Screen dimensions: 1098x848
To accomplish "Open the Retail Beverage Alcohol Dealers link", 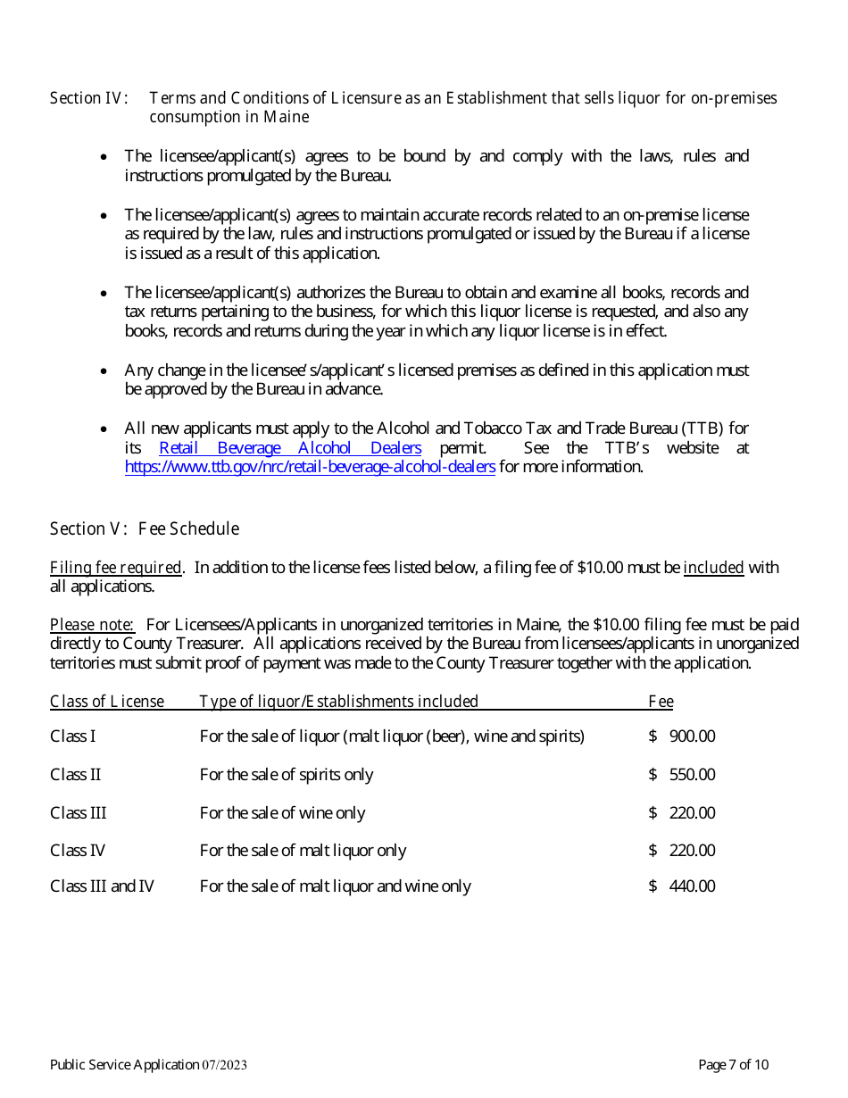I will (289, 448).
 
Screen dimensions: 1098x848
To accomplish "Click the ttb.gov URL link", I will (310, 467).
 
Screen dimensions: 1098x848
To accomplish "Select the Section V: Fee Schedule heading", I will (145, 529).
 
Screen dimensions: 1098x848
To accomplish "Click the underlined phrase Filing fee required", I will (116, 568).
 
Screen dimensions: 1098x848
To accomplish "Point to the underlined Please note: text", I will (92, 625).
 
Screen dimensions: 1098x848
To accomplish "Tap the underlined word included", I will (713, 568).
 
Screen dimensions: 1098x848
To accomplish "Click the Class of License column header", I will (107, 702).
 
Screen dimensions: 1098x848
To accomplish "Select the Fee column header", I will (661, 702).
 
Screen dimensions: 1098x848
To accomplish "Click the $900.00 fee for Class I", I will (683, 736).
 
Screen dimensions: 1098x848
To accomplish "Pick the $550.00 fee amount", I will (683, 775).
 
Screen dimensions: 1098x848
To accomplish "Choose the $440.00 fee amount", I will (683, 886).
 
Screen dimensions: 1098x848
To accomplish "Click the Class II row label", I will (75, 775).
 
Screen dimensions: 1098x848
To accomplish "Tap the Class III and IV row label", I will (102, 886).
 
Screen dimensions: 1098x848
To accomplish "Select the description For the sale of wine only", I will (282, 813).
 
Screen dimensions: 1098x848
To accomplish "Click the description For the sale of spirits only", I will (287, 775).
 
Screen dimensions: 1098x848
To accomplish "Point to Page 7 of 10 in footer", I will (733, 1065).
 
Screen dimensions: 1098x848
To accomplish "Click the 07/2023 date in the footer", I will (224, 1065).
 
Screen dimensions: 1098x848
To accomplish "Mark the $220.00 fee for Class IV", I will (683, 851).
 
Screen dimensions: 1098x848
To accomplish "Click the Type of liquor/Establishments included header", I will (338, 702).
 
